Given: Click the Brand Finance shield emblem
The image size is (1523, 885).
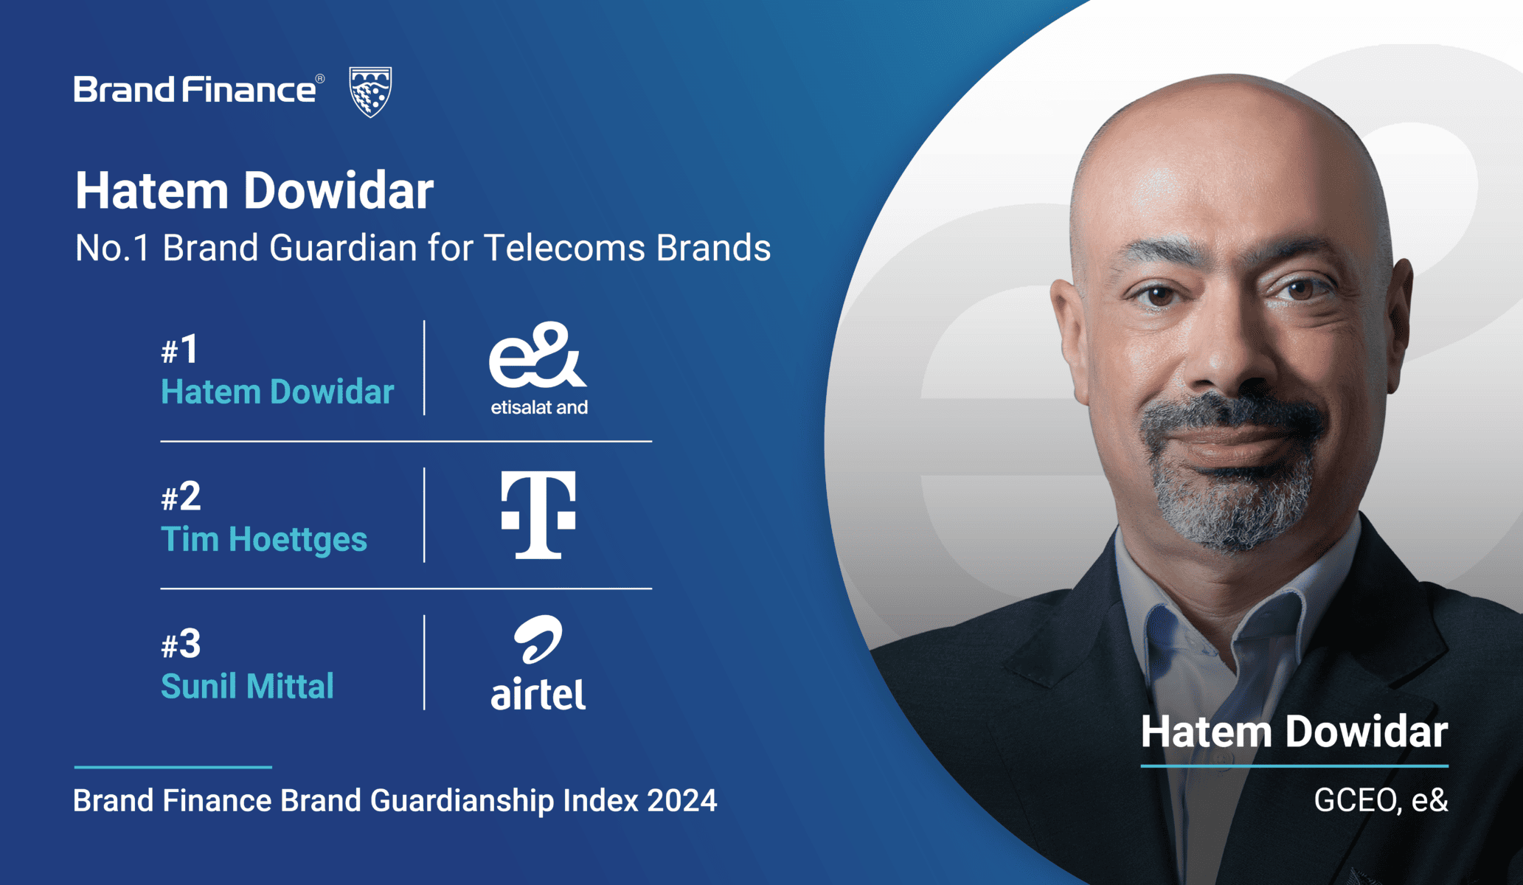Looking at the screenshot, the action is tap(370, 91).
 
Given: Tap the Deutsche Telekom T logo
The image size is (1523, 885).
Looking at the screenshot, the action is tap(538, 515).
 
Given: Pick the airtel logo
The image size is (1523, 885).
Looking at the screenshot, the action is tap(538, 662).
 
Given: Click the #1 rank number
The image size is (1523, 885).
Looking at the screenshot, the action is tap(179, 350).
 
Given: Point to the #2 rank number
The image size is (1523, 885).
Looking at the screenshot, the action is tap(181, 496).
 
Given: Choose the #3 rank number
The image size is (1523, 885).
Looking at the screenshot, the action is tap(181, 644).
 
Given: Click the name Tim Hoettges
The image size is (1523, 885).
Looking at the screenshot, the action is tap(264, 540).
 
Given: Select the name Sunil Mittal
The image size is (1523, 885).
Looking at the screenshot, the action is tap(247, 686).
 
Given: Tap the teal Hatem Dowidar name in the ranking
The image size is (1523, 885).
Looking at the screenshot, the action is tap(277, 392).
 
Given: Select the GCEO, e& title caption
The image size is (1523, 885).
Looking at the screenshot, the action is tap(1381, 801).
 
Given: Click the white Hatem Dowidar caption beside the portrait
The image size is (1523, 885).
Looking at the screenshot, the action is tap(1294, 732).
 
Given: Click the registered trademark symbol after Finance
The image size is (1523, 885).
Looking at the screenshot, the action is tap(320, 78).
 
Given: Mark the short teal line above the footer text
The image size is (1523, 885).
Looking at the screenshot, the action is tap(173, 767).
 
